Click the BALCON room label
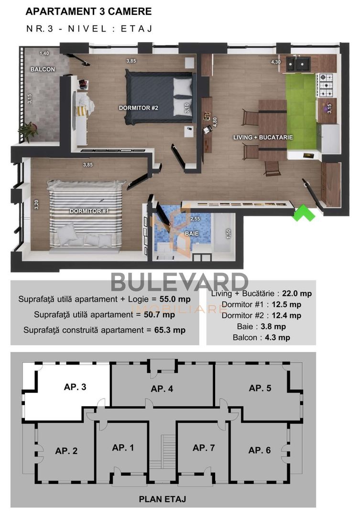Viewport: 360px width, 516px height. (x=42, y=69)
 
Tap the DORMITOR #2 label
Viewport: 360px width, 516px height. (x=139, y=108)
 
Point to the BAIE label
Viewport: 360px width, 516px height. (x=192, y=235)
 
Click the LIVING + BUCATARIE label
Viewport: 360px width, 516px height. (x=263, y=137)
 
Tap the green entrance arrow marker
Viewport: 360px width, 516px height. (x=304, y=213)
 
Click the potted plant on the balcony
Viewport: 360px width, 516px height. (x=29, y=130)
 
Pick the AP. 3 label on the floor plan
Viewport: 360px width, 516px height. (x=75, y=387)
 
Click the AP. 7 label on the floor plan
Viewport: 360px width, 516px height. (x=204, y=448)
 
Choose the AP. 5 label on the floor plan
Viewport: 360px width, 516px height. (x=260, y=388)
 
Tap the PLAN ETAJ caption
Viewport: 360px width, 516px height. (x=162, y=499)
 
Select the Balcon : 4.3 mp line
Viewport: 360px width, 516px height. (x=261, y=337)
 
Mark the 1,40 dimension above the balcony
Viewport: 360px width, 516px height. (x=44, y=53)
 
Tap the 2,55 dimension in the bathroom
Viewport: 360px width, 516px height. (x=195, y=219)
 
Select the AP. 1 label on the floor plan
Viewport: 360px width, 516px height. (x=123, y=448)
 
